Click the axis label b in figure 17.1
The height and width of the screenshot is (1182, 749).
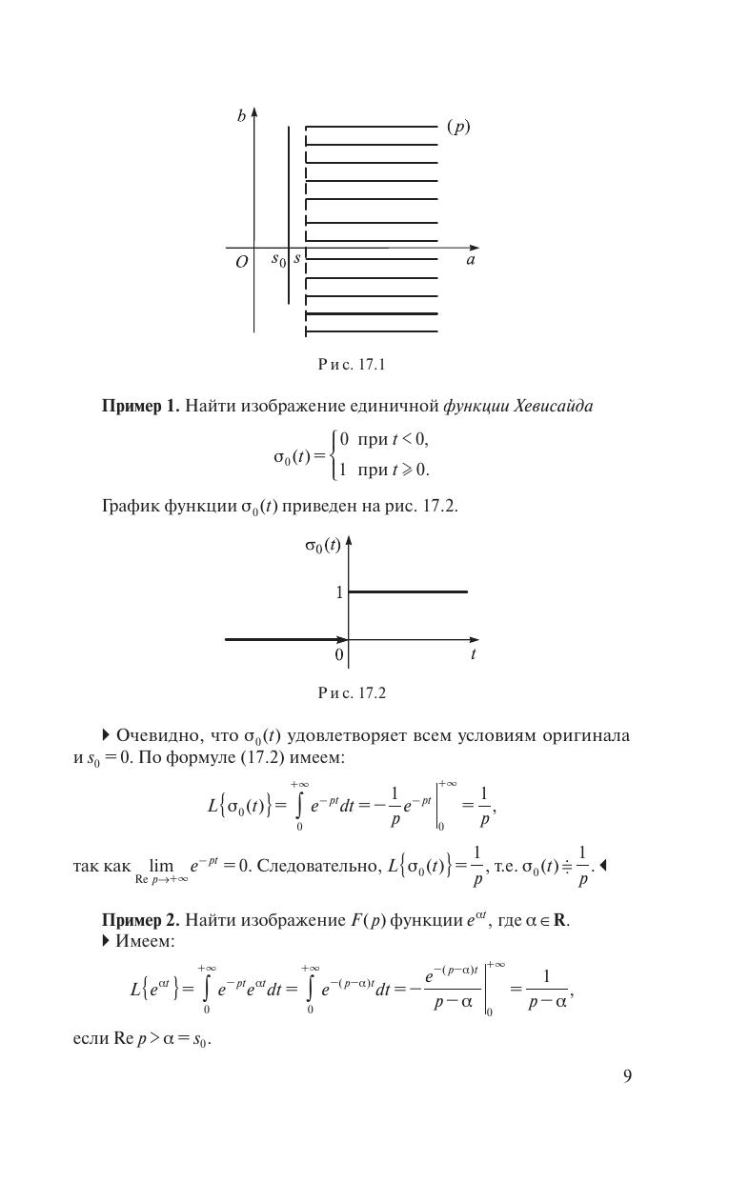tap(242, 116)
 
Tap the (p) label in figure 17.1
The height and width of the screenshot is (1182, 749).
tap(458, 127)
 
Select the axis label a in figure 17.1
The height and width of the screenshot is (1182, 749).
tap(471, 259)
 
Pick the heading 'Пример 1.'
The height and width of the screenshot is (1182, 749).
tap(140, 407)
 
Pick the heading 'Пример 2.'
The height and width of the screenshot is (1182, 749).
tap(140, 920)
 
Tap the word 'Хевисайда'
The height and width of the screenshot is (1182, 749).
tap(554, 407)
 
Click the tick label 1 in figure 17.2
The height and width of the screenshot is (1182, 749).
tap(338, 592)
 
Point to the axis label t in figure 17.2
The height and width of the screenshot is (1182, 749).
tap(473, 655)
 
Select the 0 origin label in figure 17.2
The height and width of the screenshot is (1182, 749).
tap(338, 655)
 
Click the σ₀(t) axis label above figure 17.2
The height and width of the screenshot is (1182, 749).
tap(323, 546)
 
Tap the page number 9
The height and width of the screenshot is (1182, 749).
tap(627, 1076)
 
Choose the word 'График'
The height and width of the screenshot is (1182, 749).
tap(131, 506)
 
